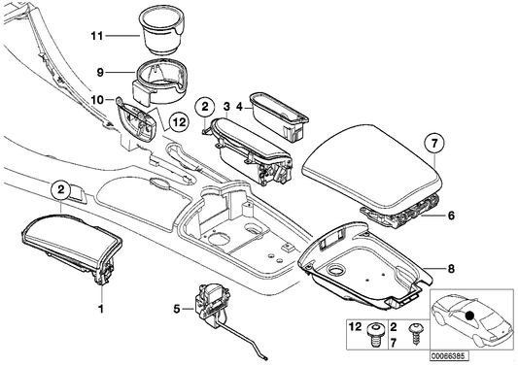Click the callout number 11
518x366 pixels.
(96, 37)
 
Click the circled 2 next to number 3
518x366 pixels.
(204, 106)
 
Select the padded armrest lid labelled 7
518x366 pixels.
(369, 161)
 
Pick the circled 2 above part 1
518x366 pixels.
(60, 189)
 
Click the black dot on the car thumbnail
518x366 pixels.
(470, 315)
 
